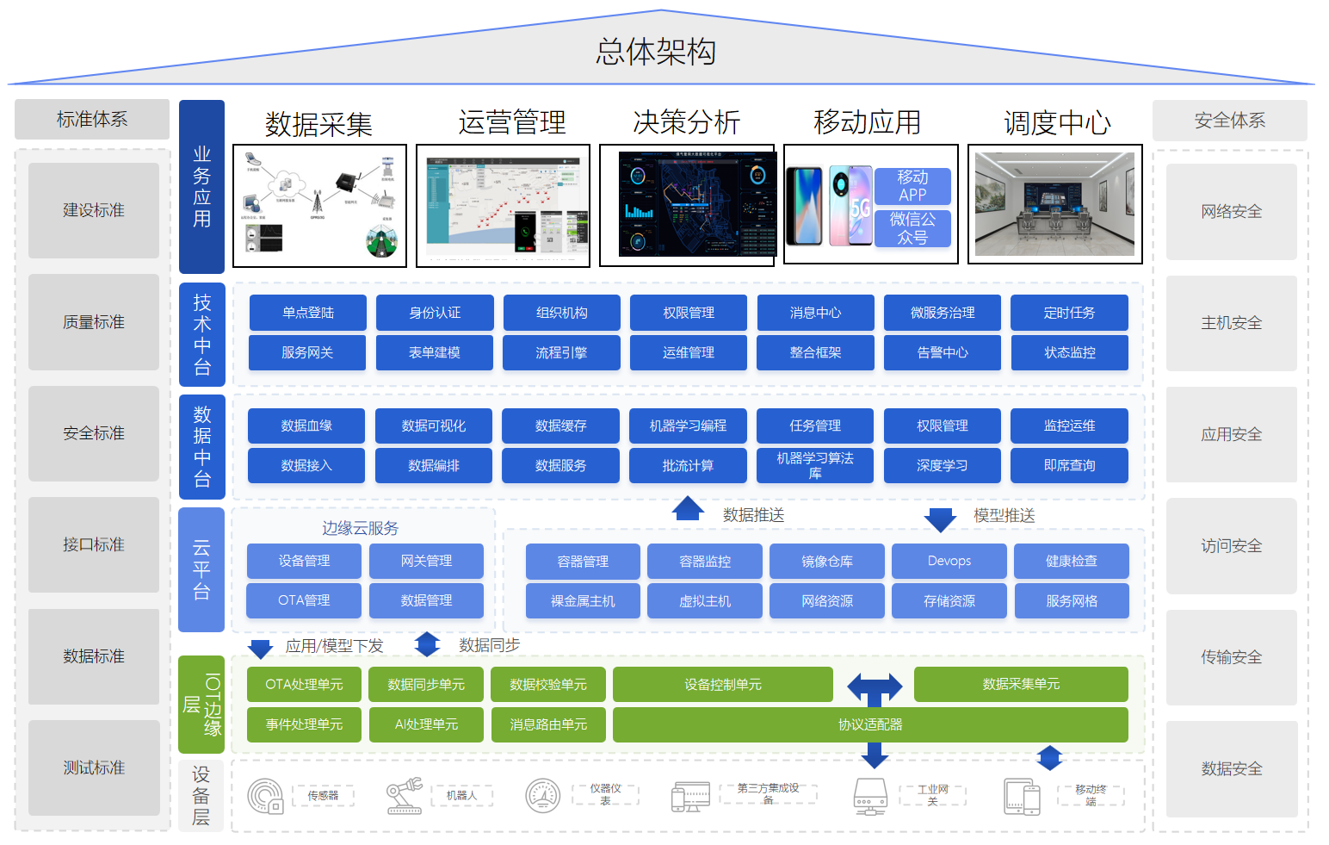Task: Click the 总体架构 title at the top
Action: tap(656, 52)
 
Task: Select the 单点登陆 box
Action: tap(307, 313)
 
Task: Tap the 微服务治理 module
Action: tap(942, 313)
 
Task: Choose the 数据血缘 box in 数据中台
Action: tap(306, 426)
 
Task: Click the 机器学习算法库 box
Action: tap(814, 465)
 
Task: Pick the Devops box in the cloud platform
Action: tap(949, 561)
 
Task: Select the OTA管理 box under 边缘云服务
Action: tap(304, 600)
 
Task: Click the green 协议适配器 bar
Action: tap(869, 724)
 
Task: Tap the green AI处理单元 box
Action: tap(426, 724)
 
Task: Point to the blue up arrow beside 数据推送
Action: tap(688, 509)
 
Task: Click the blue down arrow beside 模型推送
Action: tap(940, 519)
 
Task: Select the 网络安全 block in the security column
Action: tap(1231, 212)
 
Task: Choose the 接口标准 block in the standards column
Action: tap(94, 544)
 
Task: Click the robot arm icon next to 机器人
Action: tap(404, 796)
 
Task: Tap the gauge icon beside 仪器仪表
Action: tap(543, 796)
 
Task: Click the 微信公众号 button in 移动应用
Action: tap(912, 228)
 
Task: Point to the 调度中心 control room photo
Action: tap(1054, 204)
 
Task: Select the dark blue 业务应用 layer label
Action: tap(201, 187)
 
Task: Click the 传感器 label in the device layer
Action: tap(323, 796)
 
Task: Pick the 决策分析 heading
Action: tap(686, 122)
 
